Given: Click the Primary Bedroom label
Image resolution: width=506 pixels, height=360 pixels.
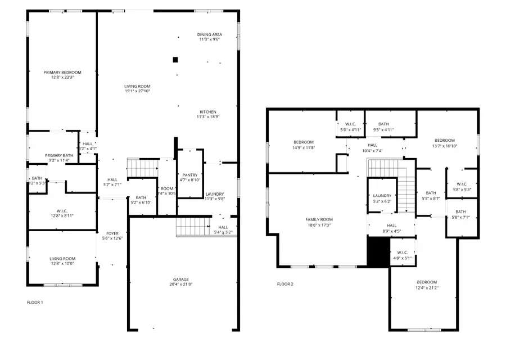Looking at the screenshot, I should tap(62, 73).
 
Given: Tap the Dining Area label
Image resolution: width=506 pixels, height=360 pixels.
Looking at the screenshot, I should tap(209, 34).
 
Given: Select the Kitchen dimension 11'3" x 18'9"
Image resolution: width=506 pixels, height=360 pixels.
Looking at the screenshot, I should tap(207, 117).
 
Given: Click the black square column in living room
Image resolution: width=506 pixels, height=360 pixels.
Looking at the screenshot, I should tap(175, 59).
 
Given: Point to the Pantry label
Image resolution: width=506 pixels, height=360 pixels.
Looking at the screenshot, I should tap(189, 175).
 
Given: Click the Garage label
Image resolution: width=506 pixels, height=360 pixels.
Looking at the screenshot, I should tap(180, 280).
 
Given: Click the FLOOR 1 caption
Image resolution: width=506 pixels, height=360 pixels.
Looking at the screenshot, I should tap(35, 302).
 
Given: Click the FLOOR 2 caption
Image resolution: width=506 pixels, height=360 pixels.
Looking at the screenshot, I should tap(285, 284).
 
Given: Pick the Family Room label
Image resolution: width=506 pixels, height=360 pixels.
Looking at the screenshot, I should tap(319, 219).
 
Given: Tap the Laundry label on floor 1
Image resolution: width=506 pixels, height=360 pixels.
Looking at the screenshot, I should tap(215, 193).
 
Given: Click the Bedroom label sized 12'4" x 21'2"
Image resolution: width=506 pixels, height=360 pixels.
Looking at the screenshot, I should tap(426, 282).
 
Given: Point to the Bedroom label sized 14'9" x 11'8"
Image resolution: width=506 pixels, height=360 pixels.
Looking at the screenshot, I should tap(304, 142).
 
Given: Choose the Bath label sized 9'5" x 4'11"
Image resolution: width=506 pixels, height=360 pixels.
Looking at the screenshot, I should tap(383, 124).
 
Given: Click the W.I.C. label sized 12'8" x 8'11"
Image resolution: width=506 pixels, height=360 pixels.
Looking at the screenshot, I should tap(62, 212).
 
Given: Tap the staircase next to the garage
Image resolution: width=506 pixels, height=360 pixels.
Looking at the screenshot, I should tap(193, 227).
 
